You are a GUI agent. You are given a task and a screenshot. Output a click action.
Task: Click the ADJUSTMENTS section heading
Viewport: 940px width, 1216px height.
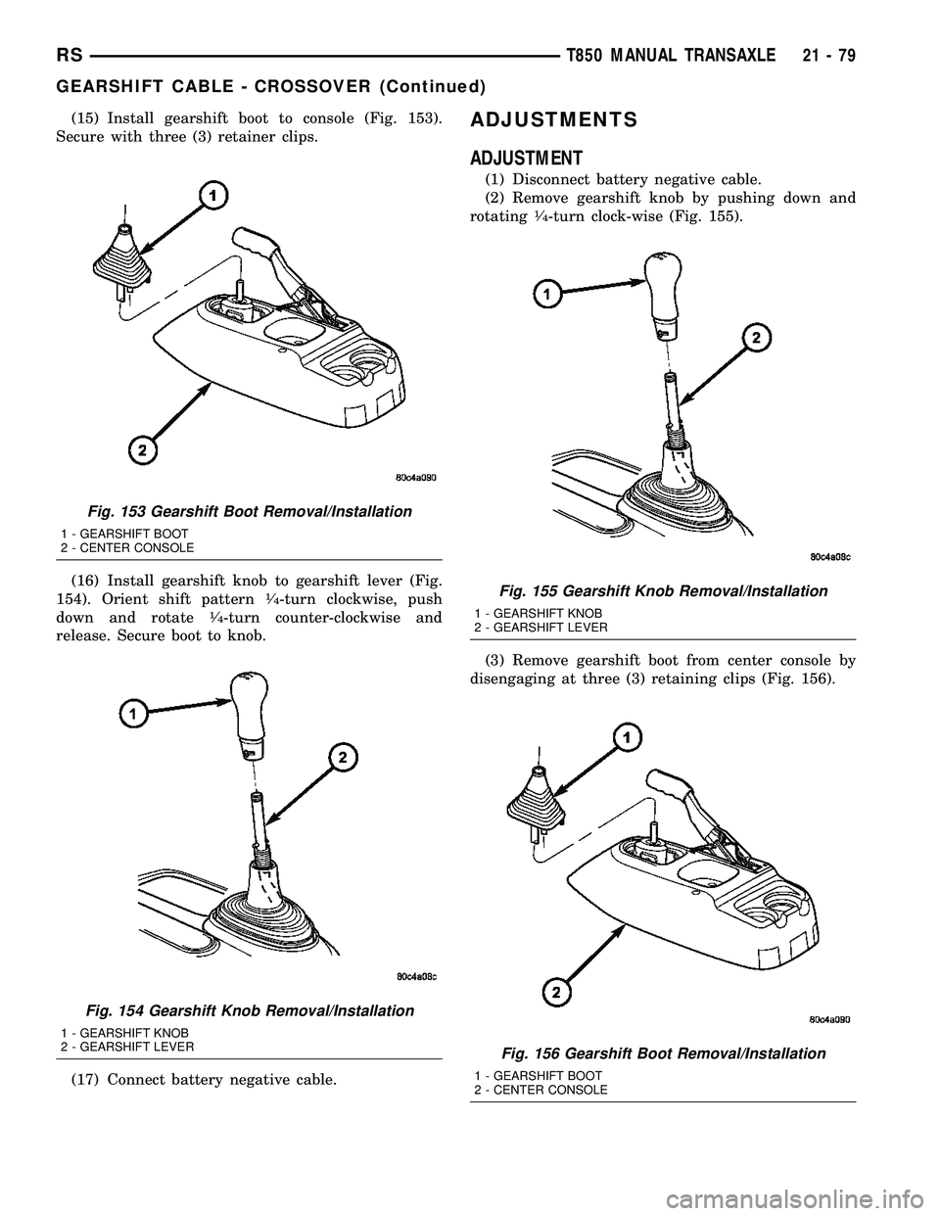[x=553, y=120]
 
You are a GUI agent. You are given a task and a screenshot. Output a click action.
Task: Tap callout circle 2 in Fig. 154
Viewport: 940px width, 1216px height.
[x=343, y=760]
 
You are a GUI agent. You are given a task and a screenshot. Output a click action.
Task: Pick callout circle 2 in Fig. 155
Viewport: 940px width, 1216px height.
[x=756, y=339]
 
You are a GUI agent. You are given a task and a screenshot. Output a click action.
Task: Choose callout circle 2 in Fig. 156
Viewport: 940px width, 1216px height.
[x=556, y=993]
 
